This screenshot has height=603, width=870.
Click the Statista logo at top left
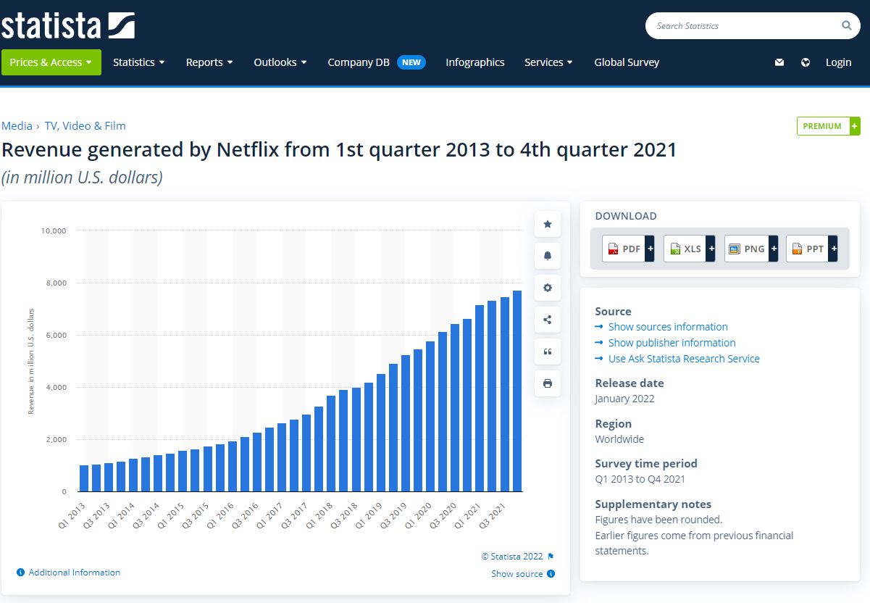click(68, 25)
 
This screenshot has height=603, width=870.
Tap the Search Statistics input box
click(746, 26)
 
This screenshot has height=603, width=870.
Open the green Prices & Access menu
click(51, 62)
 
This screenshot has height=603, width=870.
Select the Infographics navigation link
click(474, 62)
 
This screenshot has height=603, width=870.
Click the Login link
click(838, 62)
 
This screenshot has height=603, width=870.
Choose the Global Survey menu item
click(627, 62)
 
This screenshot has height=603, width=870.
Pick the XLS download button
click(689, 249)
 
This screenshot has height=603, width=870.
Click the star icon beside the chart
click(548, 225)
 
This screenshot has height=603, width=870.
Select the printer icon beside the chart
click(548, 383)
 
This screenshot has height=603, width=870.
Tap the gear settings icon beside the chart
click(548, 288)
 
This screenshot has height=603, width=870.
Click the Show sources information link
click(667, 327)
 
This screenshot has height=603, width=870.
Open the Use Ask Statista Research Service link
click(683, 359)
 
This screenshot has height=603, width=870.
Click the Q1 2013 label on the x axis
click(72, 515)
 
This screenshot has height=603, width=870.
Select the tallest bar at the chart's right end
click(517, 391)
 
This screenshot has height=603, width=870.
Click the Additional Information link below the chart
click(74, 573)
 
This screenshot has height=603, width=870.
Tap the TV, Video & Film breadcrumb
click(85, 126)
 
